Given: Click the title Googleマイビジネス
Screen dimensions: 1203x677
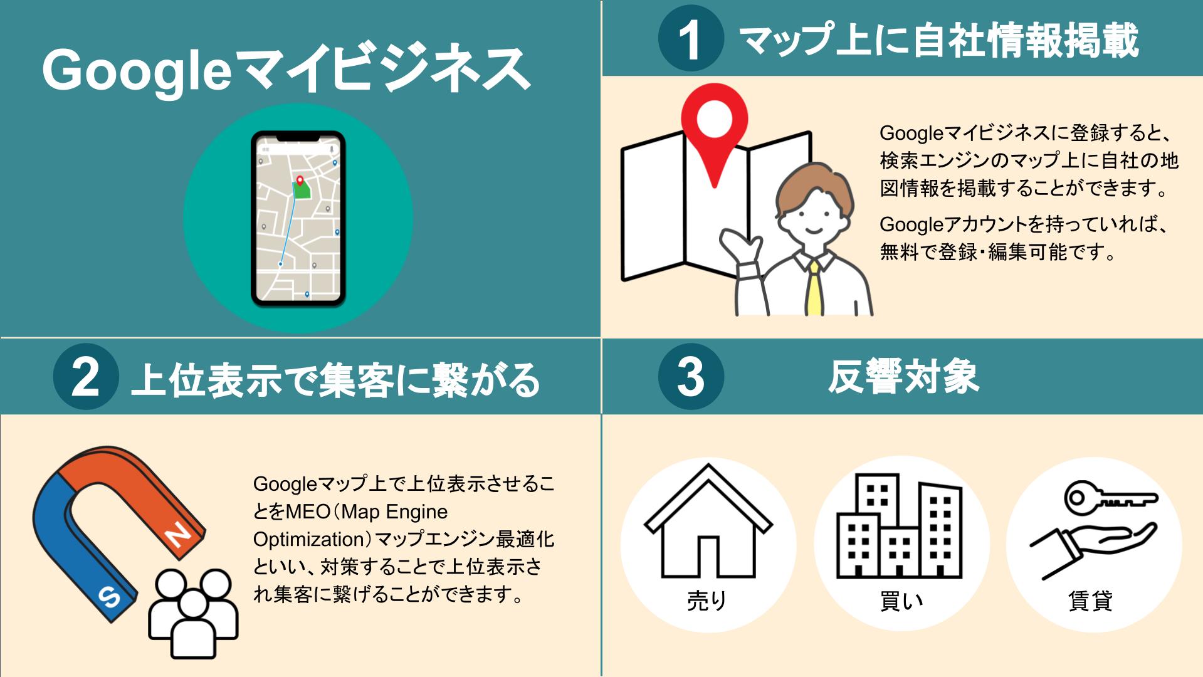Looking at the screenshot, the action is (286, 71).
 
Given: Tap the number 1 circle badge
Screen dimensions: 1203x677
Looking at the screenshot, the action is (691, 39).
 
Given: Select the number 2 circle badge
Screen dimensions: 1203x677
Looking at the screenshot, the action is (86, 377).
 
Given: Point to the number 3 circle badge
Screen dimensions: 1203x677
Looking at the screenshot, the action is (691, 377).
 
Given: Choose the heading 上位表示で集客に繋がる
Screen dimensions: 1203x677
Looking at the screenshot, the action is (335, 379).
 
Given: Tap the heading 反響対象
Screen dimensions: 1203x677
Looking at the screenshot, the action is (903, 377).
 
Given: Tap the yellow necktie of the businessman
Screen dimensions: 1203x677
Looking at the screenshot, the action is (814, 288).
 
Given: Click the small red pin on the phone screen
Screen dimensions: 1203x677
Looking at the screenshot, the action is (300, 181).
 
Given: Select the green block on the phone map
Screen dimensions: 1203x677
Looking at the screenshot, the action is (302, 190).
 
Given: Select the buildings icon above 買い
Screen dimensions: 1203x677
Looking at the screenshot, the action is (899, 526).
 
